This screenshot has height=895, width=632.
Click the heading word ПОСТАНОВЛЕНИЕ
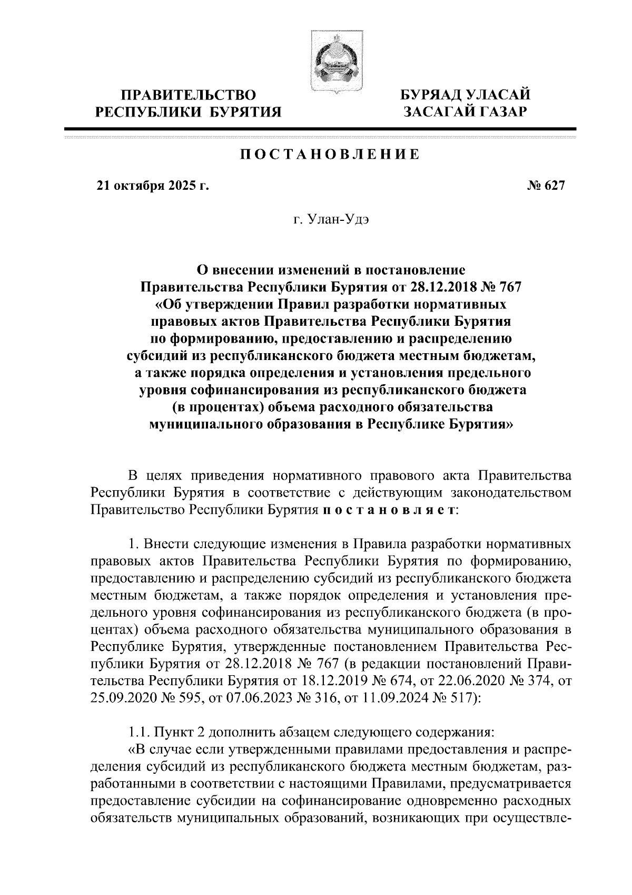[x=330, y=155]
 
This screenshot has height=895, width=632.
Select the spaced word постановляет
[x=389, y=510]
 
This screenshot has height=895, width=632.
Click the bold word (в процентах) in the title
[x=220, y=407]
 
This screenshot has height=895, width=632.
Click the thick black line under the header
[x=320, y=129]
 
